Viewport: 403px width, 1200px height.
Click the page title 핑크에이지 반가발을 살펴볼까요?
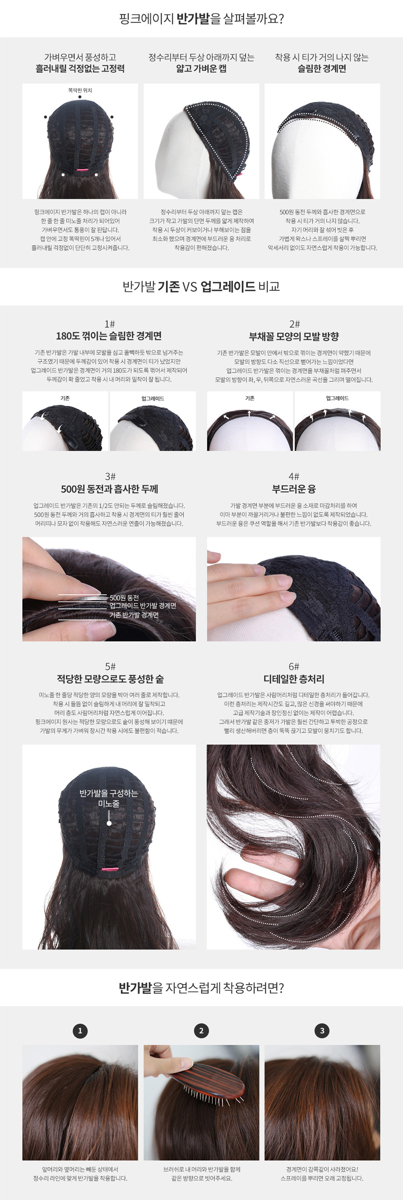click(201, 19)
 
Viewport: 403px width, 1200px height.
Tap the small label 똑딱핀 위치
click(80, 90)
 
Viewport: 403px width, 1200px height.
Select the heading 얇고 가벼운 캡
click(201, 69)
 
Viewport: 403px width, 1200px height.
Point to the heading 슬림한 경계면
click(322, 69)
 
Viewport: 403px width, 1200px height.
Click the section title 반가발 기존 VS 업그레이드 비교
click(201, 287)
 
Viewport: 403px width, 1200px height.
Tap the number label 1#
click(110, 324)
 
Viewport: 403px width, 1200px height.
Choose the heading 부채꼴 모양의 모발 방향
click(294, 337)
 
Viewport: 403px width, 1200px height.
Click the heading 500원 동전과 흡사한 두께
click(110, 489)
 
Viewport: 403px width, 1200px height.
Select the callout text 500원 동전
click(124, 598)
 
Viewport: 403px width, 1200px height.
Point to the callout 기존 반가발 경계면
click(134, 615)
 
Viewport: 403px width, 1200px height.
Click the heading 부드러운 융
click(294, 489)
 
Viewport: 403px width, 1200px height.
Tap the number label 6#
click(294, 666)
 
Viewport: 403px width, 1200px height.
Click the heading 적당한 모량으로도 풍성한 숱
click(110, 679)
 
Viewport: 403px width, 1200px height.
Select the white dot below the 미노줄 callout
click(109, 824)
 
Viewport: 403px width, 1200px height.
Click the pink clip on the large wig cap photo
click(110, 869)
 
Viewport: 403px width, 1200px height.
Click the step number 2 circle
click(201, 1031)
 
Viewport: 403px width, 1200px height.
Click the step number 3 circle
click(322, 1031)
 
